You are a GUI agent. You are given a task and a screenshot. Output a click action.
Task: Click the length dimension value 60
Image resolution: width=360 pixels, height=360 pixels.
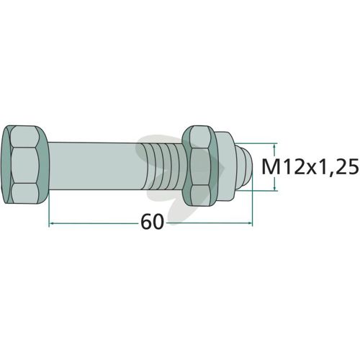[x=152, y=222]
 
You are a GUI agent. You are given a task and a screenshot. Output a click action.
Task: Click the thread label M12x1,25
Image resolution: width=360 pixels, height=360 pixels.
[x=310, y=167]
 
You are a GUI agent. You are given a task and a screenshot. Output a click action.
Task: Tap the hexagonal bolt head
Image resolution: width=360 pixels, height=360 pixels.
[x=24, y=165]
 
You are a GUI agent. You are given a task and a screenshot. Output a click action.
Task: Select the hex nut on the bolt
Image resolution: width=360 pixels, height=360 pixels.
[x=199, y=166]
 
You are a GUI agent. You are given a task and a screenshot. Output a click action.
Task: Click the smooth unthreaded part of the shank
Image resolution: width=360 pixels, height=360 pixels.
[x=96, y=166]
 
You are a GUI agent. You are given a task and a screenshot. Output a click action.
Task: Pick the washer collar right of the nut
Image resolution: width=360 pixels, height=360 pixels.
[x=225, y=166]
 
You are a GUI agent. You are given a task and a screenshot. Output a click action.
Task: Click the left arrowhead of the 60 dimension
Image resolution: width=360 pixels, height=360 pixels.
[x=51, y=223]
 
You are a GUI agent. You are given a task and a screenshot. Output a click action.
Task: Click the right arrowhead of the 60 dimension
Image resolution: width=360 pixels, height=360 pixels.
[x=251, y=223]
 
